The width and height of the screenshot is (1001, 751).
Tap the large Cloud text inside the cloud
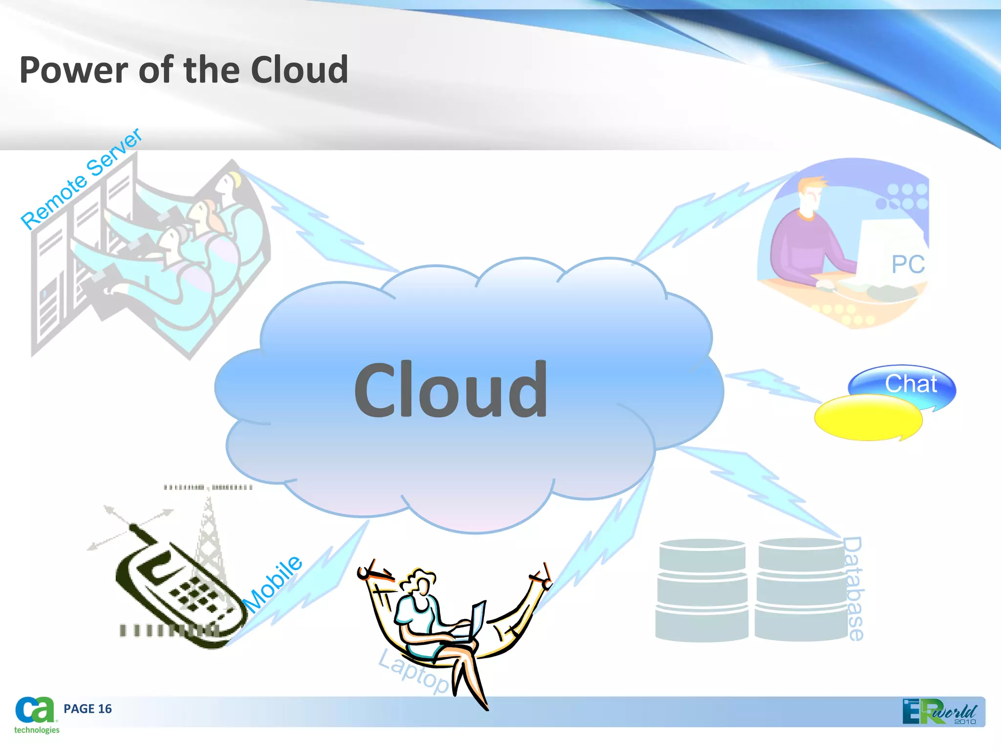pyautogui.click(x=451, y=390)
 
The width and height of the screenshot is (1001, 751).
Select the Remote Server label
pyautogui.click(x=81, y=178)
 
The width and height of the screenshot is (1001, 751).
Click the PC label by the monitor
pyautogui.click(x=908, y=265)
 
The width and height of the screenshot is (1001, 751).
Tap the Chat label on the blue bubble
pyautogui.click(x=911, y=384)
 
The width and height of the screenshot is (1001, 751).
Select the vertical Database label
pyautogui.click(x=854, y=589)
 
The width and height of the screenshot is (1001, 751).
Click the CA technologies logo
pyautogui.click(x=36, y=715)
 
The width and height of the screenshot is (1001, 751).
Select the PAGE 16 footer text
pyautogui.click(x=87, y=709)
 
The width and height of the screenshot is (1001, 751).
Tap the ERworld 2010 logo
pyautogui.click(x=939, y=712)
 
